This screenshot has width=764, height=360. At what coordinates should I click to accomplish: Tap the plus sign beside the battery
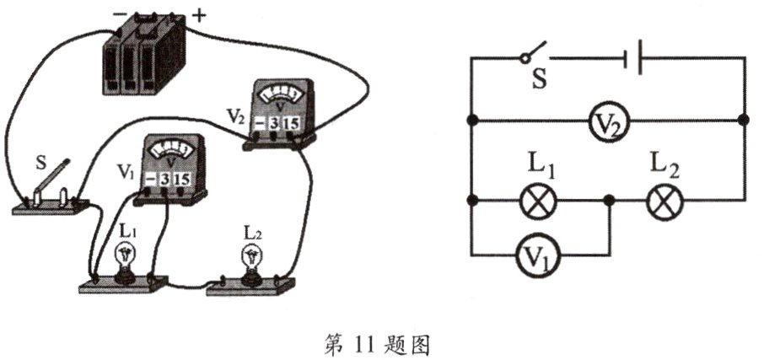coord(199,14)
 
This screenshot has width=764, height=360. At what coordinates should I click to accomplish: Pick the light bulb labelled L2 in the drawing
coord(250,256)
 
